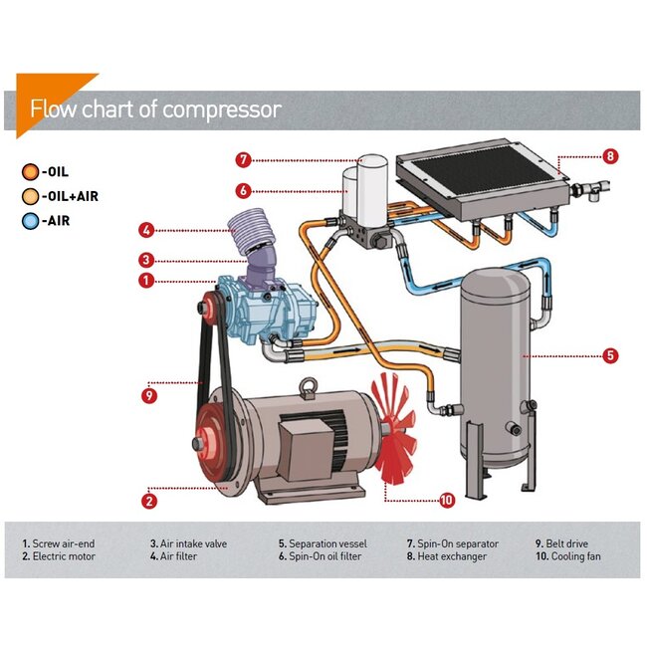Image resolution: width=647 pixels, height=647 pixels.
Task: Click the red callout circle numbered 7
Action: (243, 159)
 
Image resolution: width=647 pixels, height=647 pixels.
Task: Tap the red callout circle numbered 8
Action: (610, 155)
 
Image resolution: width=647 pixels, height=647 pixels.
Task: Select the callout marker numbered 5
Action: (610, 353)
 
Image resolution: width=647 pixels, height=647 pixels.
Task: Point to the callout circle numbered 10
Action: (447, 500)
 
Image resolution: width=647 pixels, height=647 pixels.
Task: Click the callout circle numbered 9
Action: (149, 394)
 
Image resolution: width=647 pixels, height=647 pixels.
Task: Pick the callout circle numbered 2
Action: (149, 500)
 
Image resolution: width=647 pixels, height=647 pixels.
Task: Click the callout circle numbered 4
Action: (146, 231)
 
